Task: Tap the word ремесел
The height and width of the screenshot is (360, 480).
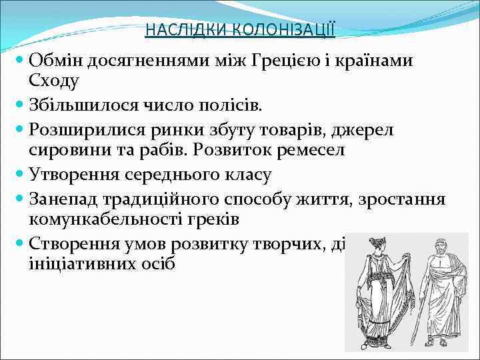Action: tap(312, 149)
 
